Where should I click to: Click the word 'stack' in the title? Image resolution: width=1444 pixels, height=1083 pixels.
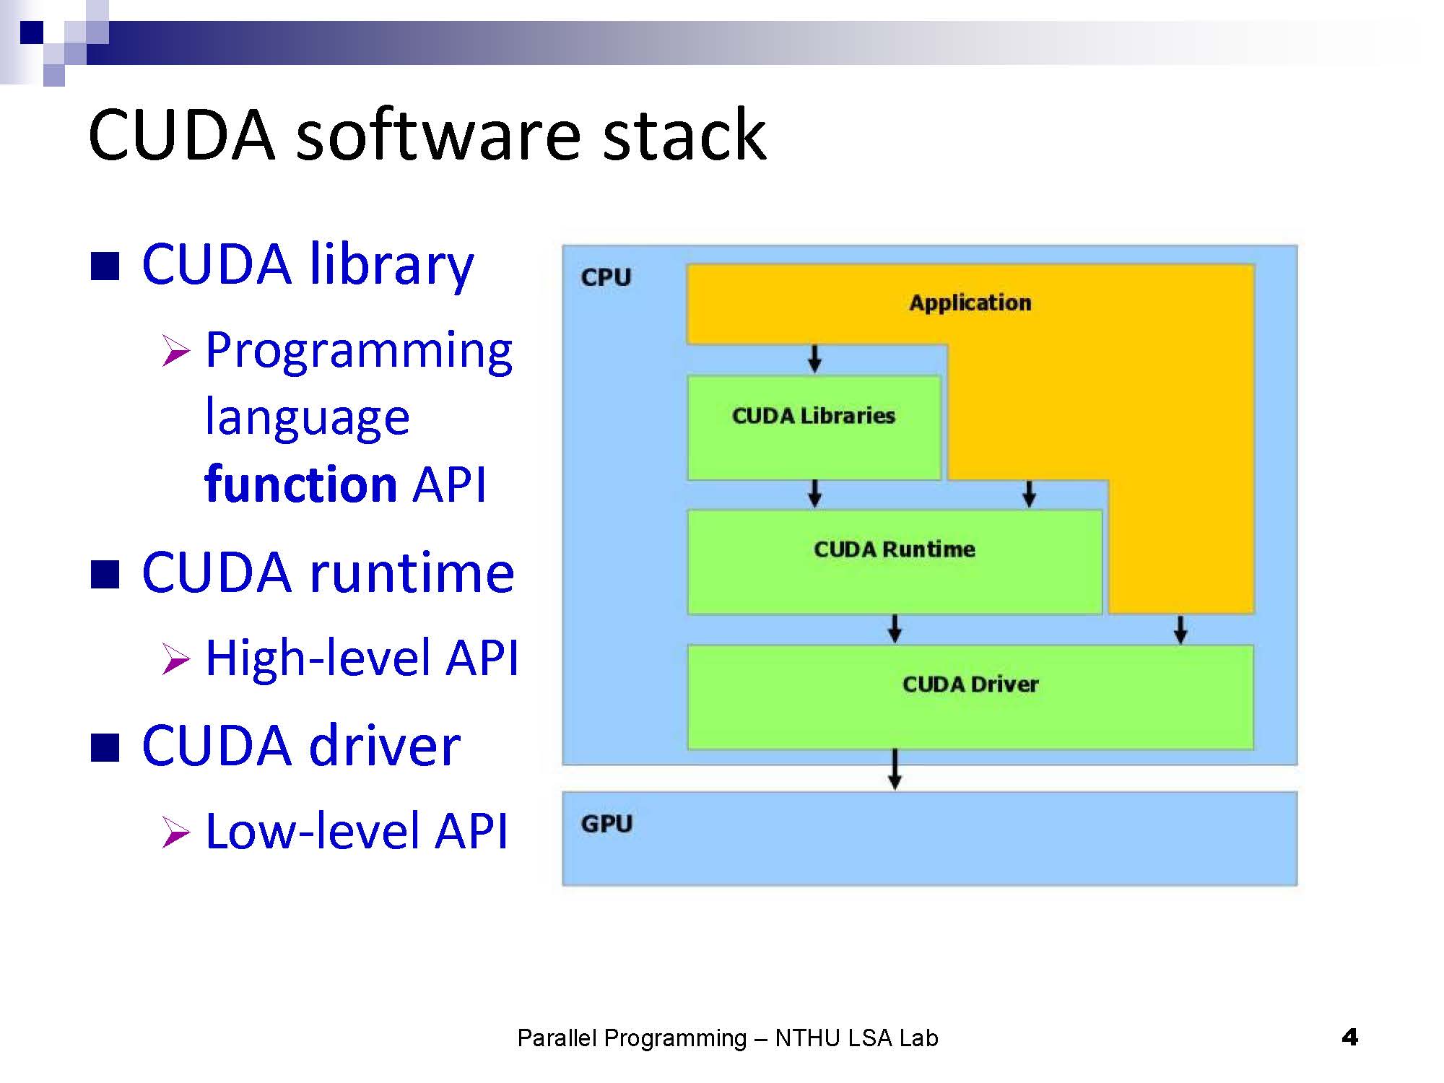684,135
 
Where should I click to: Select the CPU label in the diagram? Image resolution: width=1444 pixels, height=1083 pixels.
606,277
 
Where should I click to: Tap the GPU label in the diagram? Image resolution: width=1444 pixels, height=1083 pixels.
606,824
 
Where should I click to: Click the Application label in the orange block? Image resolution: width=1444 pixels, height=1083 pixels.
970,303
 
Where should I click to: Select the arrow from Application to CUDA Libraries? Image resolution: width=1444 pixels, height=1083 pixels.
814,358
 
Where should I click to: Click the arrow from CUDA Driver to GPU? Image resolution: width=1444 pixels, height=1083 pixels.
895,770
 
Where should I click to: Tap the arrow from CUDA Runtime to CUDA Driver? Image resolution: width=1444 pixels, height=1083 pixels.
895,628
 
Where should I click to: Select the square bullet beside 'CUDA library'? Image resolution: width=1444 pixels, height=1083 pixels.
105,266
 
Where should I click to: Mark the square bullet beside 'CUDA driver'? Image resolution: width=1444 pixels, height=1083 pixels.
105,747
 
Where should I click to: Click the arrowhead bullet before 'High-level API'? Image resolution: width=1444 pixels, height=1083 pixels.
175,658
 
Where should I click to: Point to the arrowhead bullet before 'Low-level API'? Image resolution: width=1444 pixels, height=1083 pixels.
175,832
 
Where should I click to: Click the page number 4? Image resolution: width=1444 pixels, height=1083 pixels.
1349,1038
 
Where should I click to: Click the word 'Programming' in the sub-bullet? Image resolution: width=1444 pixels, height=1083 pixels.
359,351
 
